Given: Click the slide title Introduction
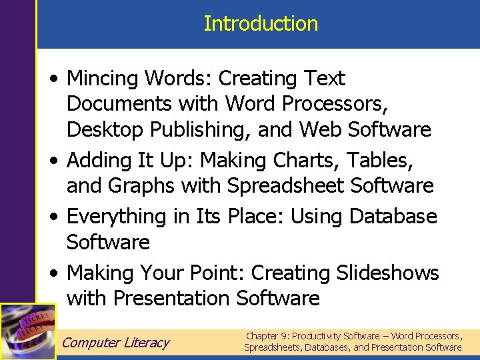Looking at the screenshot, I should click(261, 24).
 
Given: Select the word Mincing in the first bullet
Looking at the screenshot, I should click(103, 79).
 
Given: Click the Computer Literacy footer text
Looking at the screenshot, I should click(115, 343).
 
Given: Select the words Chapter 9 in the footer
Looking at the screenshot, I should click(267, 336).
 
